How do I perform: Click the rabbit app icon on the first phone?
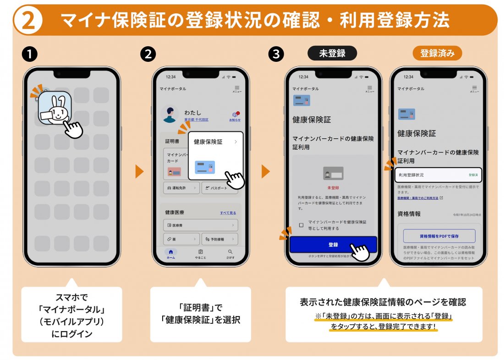tap(55, 108)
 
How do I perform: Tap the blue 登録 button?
tap(333, 245)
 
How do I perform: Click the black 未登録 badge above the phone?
tap(332, 53)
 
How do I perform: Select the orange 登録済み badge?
tap(437, 53)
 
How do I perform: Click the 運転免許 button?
tap(181, 188)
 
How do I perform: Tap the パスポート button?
tap(219, 188)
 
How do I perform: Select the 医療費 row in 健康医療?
tap(200, 225)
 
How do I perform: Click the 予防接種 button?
tap(219, 239)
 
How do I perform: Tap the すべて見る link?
tap(228, 213)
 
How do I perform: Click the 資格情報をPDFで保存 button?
tap(439, 236)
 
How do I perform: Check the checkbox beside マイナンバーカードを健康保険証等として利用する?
tap(301, 225)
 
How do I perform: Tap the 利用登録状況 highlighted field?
tap(438, 175)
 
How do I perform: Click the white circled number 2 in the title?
tap(28, 20)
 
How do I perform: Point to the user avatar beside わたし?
tap(170, 114)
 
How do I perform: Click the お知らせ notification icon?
tap(235, 115)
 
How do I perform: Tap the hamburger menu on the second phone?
tap(236, 88)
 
